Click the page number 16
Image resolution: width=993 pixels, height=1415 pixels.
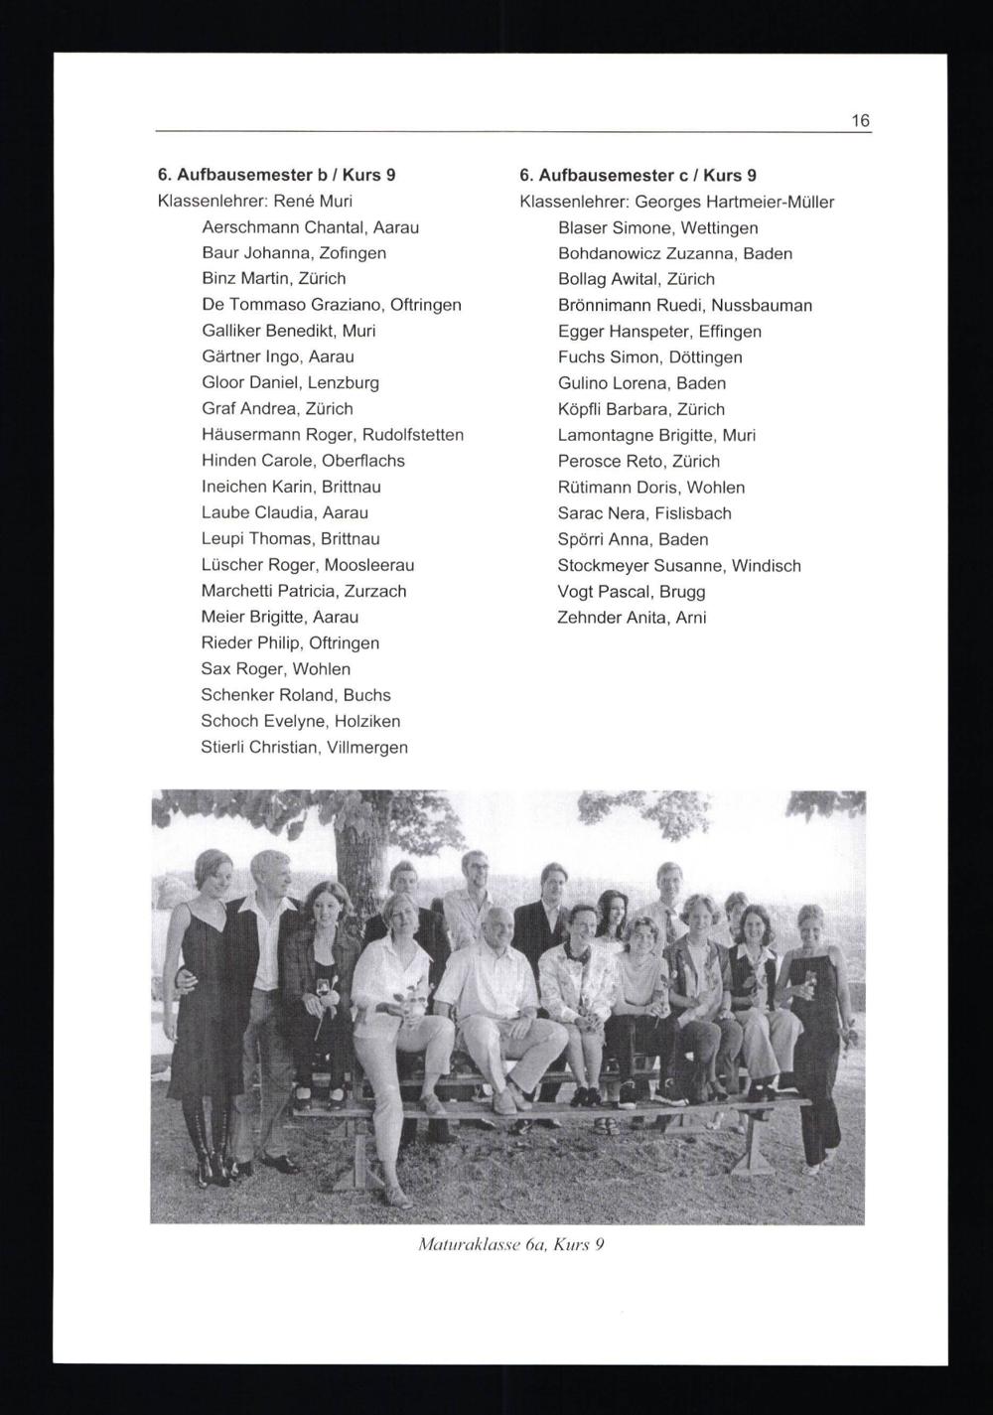coord(860,121)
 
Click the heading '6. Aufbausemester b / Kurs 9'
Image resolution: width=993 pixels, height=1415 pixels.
coord(277,175)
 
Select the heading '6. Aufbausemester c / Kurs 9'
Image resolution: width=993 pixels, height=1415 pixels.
coord(638,176)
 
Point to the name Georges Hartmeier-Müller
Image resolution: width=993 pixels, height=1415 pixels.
coord(735,203)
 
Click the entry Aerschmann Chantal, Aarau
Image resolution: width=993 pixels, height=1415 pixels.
coord(310,227)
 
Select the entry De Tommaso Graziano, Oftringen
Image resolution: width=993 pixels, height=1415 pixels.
coord(331,305)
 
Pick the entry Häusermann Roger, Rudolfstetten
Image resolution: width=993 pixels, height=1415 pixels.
coord(332,435)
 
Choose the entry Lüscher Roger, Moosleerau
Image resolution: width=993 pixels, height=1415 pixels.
coord(308,565)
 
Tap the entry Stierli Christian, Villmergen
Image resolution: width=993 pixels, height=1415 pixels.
coord(304,747)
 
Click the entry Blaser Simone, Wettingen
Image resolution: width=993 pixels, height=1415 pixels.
coord(657,228)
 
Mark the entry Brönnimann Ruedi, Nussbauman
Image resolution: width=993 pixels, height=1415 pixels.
coord(684,306)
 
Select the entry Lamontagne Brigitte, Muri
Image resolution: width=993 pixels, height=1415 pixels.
coord(656,435)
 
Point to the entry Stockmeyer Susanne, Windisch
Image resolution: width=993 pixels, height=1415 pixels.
coord(679,566)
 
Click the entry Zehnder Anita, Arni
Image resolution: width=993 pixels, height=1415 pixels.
coord(632,618)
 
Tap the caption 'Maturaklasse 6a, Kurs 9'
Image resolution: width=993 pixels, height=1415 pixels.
coord(511,1243)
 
